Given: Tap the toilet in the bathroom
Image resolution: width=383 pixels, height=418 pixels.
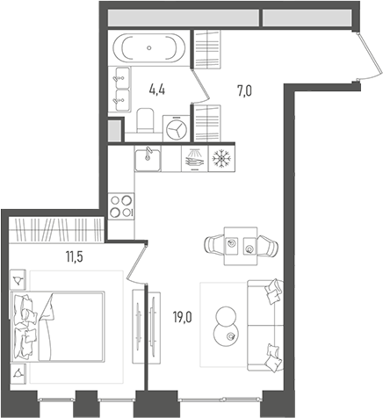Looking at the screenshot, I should pos(147,118).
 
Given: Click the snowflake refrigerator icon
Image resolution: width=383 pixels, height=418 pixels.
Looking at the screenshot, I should pos(223,159).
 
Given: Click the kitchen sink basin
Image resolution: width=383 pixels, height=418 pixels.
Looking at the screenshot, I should pos(148,160).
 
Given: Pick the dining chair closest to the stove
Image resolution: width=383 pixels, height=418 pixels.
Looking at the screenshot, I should pos(214,244).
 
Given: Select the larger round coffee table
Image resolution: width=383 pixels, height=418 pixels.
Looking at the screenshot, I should pos(225,316).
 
